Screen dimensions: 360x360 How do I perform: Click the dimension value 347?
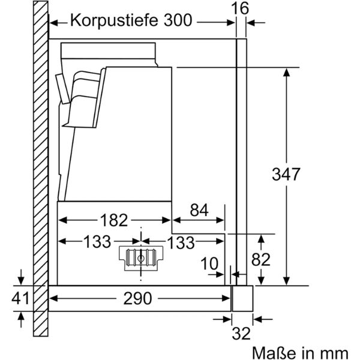(x=286, y=175)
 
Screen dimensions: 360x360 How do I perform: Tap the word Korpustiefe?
(x=114, y=21)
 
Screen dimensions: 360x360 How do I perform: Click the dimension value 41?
(x=22, y=298)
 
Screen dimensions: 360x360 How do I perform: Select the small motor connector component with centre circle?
(x=140, y=259)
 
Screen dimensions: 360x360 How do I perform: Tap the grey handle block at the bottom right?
(x=243, y=298)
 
